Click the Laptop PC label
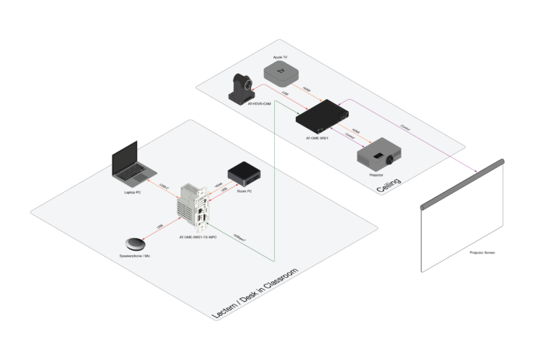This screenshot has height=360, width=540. pyautogui.click(x=133, y=191)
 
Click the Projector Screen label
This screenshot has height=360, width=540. pyautogui.click(x=482, y=252)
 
